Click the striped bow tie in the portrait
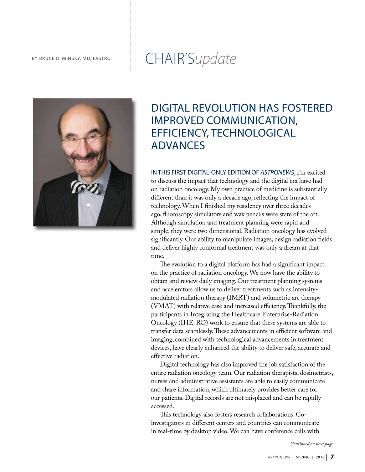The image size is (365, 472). pyautogui.click(x=86, y=187)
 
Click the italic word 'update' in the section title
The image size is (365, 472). pyautogui.click(x=215, y=59)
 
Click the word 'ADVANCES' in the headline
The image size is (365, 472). pyautogui.click(x=178, y=145)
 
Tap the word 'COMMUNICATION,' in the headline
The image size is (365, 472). pyautogui.click(x=252, y=120)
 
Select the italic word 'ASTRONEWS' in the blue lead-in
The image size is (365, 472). pyautogui.click(x=277, y=172)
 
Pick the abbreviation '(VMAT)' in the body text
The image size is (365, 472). pyautogui.click(x=163, y=306)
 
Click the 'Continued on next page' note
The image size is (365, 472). pyautogui.click(x=312, y=444)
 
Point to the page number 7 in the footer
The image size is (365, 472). pyautogui.click(x=332, y=457)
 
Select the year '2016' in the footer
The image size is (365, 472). pyautogui.click(x=320, y=457)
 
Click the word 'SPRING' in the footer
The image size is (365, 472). pyautogui.click(x=303, y=457)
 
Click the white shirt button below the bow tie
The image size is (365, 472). pyautogui.click(x=88, y=206)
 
